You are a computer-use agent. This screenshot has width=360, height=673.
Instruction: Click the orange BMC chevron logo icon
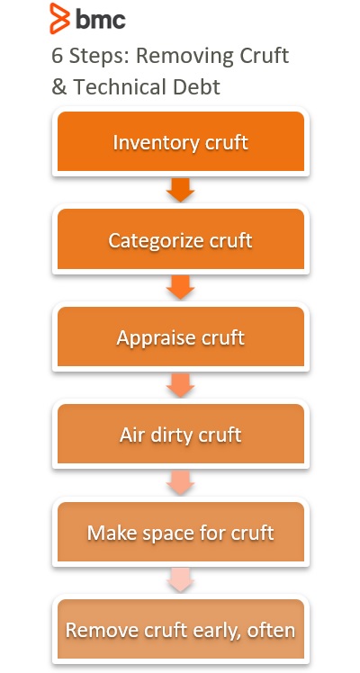[59, 18]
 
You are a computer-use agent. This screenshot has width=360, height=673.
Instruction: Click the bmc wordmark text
[101, 19]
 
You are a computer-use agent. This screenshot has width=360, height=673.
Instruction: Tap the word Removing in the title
[186, 56]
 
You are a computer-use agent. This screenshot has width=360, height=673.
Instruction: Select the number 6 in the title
[58, 56]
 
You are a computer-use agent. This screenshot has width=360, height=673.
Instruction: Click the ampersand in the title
[58, 87]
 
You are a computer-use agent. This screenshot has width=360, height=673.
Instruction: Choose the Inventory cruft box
[181, 141]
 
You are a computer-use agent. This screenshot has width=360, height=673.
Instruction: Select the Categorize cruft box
[181, 239]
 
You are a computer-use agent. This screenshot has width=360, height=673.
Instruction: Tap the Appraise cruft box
[181, 336]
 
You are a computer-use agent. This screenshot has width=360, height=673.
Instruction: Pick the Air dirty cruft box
[181, 434]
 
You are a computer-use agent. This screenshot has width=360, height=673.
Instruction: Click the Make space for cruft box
[181, 532]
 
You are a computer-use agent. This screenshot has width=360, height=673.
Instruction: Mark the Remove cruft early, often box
[181, 629]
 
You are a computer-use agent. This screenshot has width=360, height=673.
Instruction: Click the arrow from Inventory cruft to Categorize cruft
[181, 190]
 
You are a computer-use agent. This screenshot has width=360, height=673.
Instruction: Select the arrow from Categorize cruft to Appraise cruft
[181, 287]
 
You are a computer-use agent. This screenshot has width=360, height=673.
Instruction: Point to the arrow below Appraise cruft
[181, 385]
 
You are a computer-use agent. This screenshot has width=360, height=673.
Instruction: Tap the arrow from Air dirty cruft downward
[181, 482]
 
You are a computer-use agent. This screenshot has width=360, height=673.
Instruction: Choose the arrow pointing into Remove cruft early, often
[181, 579]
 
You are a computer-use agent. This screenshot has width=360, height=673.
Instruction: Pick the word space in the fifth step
[170, 534]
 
